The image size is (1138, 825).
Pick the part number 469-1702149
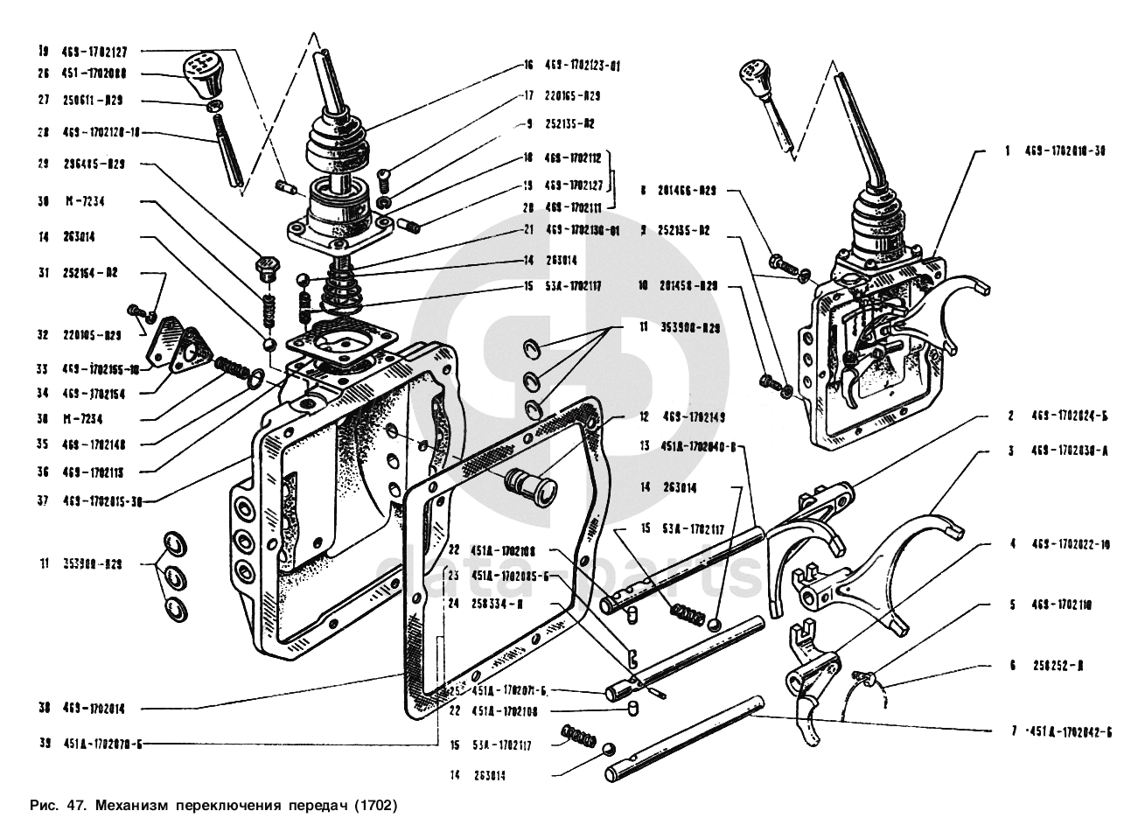point(695,417)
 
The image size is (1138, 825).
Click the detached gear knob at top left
point(203,75)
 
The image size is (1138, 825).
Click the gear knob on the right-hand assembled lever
point(753,76)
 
